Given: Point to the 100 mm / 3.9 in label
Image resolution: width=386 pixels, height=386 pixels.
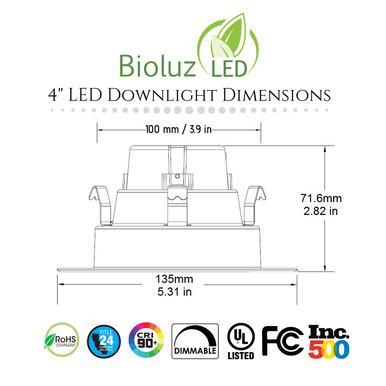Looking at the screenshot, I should [179, 130].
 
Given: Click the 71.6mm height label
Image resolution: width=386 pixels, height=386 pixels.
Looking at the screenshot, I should [321, 198].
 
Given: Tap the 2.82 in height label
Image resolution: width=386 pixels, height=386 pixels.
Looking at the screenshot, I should [321, 211].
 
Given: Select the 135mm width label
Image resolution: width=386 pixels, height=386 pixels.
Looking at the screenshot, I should [175, 279].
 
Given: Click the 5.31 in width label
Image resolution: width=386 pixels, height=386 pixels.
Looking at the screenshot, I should [175, 291].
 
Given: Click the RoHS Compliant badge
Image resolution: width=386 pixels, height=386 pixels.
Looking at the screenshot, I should [62, 339].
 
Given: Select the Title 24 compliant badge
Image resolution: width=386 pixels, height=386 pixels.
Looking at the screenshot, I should [104, 341].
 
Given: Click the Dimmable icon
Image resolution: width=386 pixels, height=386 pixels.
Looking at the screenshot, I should [195, 341].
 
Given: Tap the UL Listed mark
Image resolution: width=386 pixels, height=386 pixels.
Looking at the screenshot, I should [241, 341].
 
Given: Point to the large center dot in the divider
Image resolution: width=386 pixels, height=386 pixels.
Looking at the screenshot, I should [190, 110].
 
